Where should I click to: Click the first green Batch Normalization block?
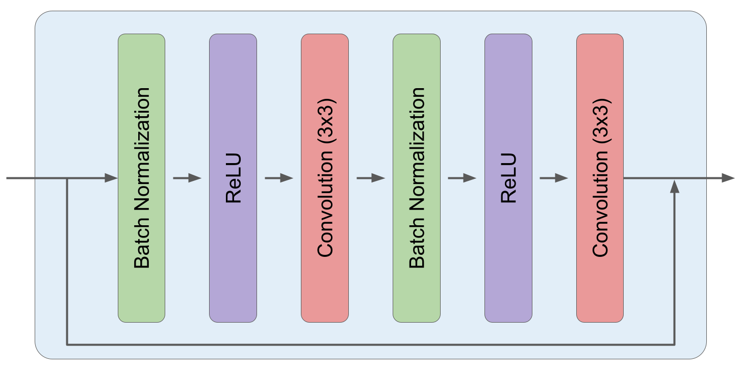pos(141,178)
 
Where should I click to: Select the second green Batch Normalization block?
pos(416,178)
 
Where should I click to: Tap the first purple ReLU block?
pos(233,178)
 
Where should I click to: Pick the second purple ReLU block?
pos(508,178)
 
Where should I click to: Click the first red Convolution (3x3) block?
pos(325,178)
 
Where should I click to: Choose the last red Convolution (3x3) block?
pos(600,178)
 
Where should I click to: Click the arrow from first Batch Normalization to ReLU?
pos(187,178)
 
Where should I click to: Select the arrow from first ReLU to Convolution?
pos(279,178)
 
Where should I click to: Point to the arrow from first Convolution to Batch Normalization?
pos(371,178)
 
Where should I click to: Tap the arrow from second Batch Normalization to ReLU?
pos(462,178)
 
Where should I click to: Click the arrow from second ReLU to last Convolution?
pos(554,178)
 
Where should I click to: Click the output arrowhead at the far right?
pos(728,178)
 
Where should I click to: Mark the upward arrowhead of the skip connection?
pos(674,187)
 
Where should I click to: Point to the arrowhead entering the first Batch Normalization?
pos(111,178)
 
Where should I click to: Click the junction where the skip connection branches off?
pos(67,178)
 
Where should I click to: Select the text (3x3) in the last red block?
pos(600,121)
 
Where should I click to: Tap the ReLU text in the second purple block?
pos(508,178)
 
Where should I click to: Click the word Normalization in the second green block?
pos(417,149)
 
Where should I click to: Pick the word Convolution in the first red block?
pos(325,204)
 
